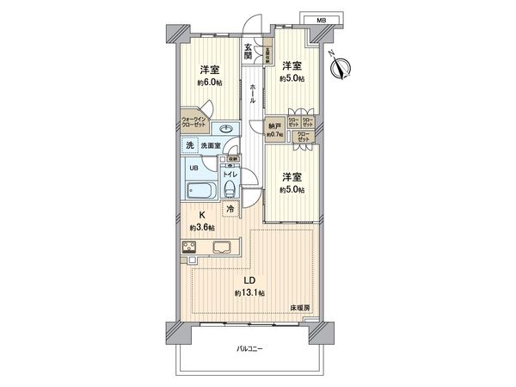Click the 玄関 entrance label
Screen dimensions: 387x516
click(x=248, y=52)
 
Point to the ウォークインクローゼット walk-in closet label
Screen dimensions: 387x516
click(x=197, y=122)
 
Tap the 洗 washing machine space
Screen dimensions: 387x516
click(x=190, y=147)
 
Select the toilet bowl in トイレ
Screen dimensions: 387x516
click(x=230, y=191)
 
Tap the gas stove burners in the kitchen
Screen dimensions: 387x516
click(x=191, y=249)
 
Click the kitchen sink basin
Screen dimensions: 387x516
click(x=221, y=249)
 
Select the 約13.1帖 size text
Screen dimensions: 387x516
click(x=249, y=293)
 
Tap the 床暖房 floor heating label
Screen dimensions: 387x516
click(x=299, y=308)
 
